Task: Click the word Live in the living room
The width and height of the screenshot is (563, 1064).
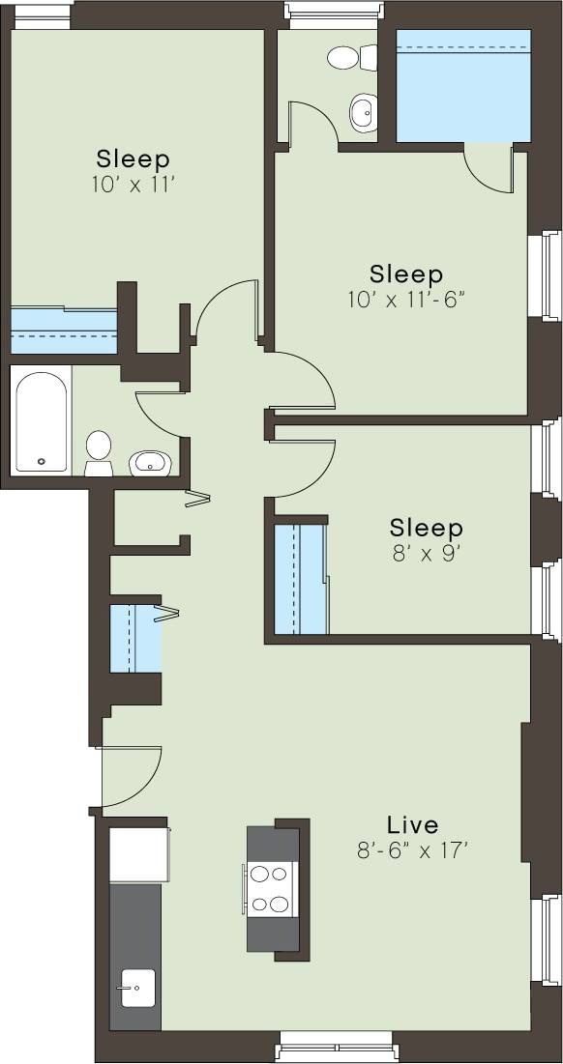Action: pos(412,825)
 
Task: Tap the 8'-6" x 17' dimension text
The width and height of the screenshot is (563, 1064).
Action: pos(412,851)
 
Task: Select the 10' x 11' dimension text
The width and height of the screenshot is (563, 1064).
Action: pos(133,185)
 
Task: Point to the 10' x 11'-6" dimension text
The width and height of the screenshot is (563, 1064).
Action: pos(406,300)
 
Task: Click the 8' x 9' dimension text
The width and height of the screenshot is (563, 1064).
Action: pos(426,555)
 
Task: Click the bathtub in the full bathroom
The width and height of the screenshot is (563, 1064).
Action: pos(42,420)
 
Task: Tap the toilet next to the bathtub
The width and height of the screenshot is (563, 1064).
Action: pos(98,452)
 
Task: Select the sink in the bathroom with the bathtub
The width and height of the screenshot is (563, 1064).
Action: pos(150,464)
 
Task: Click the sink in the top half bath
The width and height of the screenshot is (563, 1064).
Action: pos(364,113)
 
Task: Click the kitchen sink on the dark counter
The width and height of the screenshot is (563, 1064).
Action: pos(134,988)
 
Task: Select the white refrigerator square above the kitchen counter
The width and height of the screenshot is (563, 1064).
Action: pos(138,853)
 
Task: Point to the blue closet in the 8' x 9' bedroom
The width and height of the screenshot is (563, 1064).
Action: pos(300,579)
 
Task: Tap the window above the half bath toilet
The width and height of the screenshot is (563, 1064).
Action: pos(332,11)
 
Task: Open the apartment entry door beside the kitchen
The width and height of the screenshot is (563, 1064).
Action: pos(131,776)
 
